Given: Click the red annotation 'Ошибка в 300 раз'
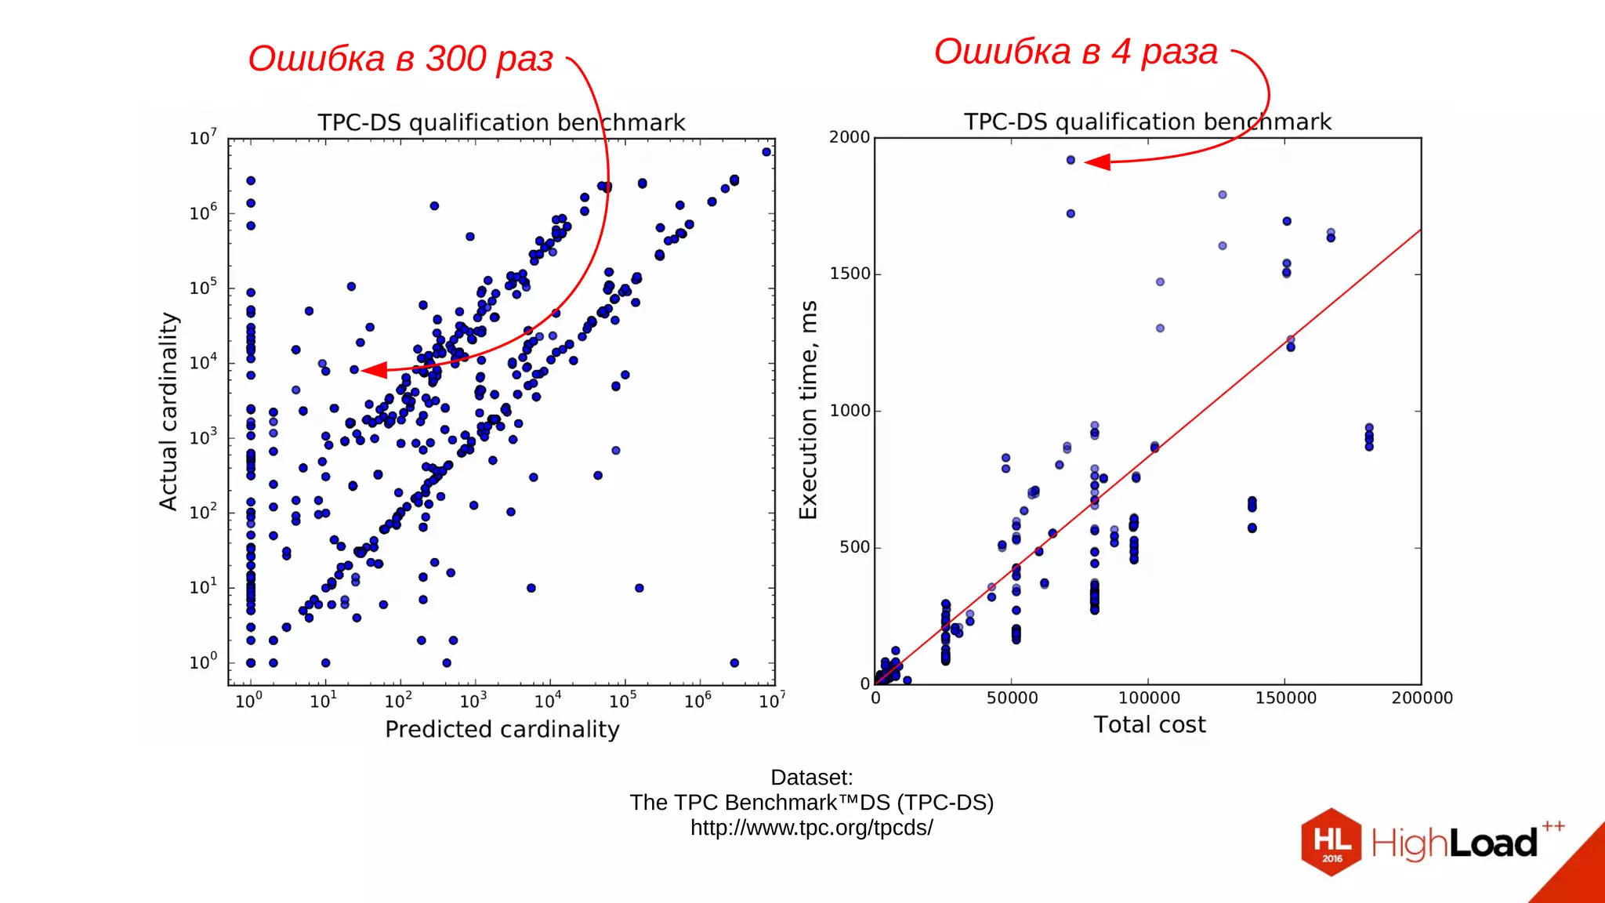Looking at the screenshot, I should pos(400,60).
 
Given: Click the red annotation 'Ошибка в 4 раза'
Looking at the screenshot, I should pos(1075,53).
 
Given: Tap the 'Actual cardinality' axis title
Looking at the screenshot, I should pos(168,411).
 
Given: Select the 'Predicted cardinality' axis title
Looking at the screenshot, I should pos(502,730).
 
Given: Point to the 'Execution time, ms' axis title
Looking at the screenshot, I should pos(808,409).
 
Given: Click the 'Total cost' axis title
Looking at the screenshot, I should pos(1149,725).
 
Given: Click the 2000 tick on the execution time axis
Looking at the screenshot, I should pos(850,137).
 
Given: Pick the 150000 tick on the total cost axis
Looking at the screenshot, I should pos(1285,698).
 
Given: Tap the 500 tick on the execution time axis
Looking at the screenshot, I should pos(855,547).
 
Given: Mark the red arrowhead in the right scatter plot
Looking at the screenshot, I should pos(1097,162).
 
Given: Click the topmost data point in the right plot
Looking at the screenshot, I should pos(1071,160).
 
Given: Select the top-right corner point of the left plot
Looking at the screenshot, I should pos(766,152).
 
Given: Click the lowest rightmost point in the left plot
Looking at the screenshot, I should pos(734,663).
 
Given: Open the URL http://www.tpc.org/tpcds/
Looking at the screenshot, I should pos(811,829).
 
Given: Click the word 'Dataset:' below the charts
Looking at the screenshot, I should pos(811,778).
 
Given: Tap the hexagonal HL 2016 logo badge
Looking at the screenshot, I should pos(1331,842).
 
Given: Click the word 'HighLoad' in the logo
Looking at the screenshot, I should pos(1454,844).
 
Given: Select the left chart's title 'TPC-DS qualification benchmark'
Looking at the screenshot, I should pos(501,123).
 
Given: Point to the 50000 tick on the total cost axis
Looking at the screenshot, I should pos(1012,698).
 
